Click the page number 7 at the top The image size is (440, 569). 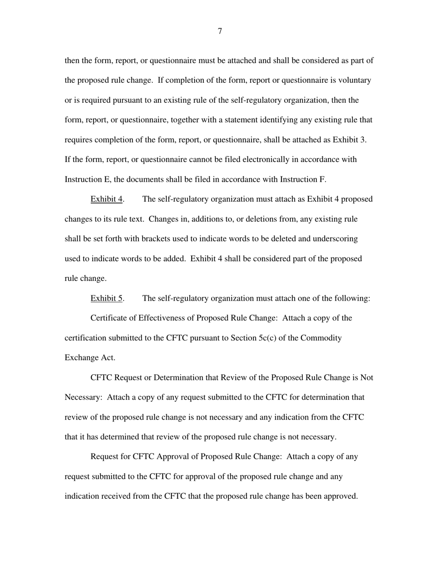pos(220,31)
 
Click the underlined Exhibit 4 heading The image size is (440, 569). pos(107,199)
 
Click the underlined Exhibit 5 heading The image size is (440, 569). pos(107,298)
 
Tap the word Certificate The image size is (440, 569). pos(108,318)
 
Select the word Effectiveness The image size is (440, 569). pos(162,318)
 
